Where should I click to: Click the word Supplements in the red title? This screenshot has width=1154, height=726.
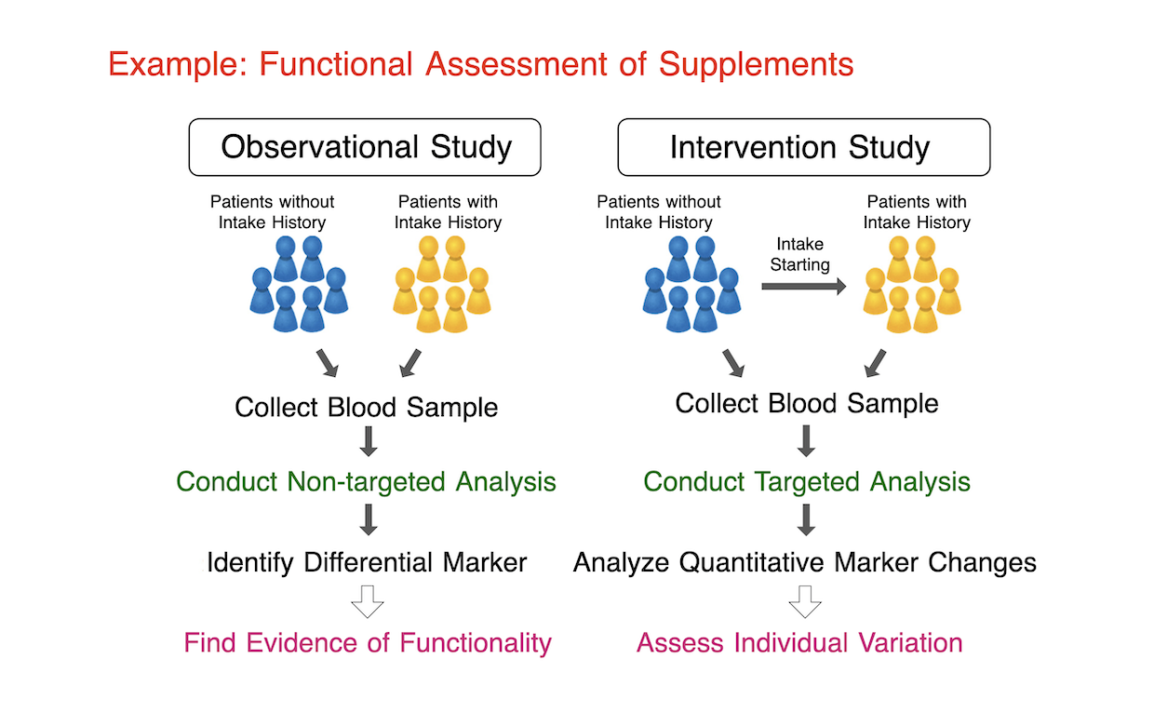tap(756, 65)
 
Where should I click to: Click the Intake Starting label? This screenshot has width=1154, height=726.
tap(799, 254)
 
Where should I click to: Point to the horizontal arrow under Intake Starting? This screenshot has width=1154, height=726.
tap(804, 286)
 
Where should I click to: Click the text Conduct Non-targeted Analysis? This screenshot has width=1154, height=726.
tap(366, 482)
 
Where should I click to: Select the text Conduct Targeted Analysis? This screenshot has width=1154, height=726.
tap(807, 482)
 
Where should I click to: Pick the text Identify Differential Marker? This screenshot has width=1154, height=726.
tap(367, 562)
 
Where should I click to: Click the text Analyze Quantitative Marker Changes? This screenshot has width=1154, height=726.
tap(805, 562)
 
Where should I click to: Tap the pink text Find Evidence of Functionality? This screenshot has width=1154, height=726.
tap(368, 643)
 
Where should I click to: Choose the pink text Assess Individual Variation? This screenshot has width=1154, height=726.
tap(799, 643)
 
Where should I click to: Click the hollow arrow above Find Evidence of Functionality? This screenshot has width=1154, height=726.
tap(368, 601)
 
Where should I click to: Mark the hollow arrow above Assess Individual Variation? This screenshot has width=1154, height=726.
tap(805, 601)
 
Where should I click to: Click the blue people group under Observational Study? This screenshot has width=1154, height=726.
tap(299, 284)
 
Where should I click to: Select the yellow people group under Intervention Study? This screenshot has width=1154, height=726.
tap(912, 284)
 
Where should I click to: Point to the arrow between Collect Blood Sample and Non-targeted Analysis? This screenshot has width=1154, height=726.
tap(369, 441)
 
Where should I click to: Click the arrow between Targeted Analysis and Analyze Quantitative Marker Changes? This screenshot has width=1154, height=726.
tap(806, 520)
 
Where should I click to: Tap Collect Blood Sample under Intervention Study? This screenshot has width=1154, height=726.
tap(807, 403)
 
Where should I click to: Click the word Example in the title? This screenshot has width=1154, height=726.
tap(179, 65)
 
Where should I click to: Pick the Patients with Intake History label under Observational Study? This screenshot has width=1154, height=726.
tap(449, 212)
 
